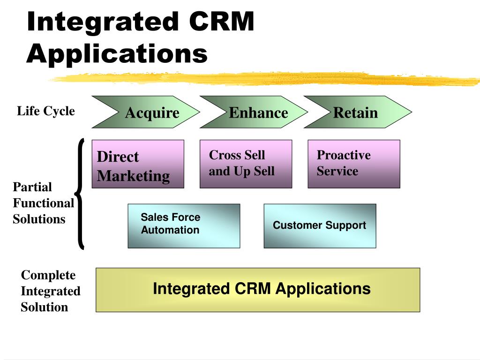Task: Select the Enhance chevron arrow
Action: pyautogui.click(x=254, y=112)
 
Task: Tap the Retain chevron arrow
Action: pyautogui.click(x=358, y=112)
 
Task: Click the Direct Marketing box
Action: pyautogui.click(x=138, y=164)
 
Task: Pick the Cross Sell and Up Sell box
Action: pyautogui.click(x=246, y=164)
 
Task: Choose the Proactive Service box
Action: pyautogui.click(x=354, y=164)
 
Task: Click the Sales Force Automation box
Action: pyautogui.click(x=184, y=226)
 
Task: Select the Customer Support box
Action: pyautogui.click(x=320, y=226)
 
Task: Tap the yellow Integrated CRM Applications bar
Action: pyautogui.click(x=258, y=290)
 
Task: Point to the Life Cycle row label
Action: pyautogui.click(x=46, y=111)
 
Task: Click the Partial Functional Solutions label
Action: pyautogui.click(x=44, y=203)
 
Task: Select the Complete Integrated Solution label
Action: pyautogui.click(x=51, y=291)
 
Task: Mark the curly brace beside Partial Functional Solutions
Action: pyautogui.click(x=80, y=194)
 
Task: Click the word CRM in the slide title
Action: pyautogui.click(x=222, y=22)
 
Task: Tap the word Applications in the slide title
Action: pyautogui.click(x=117, y=54)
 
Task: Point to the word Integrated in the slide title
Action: pyautogui.click(x=103, y=22)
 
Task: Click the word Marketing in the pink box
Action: pyautogui.click(x=134, y=176)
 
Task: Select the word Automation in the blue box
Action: pyautogui.click(x=170, y=230)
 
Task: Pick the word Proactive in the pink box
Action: pyautogui.click(x=344, y=155)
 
